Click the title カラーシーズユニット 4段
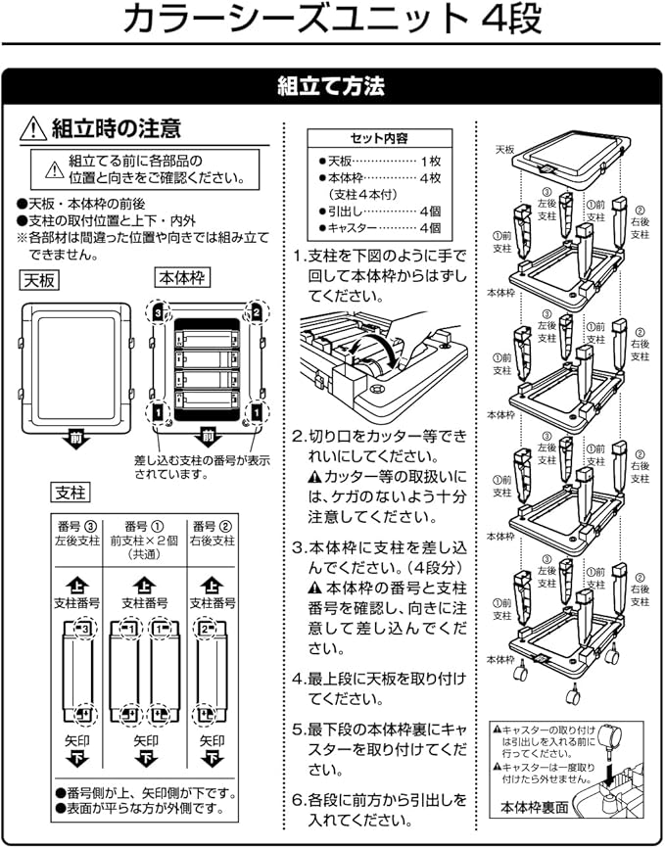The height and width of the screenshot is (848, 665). tap(332, 22)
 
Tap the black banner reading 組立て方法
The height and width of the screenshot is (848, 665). tap(332, 86)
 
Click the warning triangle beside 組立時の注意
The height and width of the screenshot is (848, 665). tap(32, 128)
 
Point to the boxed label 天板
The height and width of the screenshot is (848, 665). tap(39, 281)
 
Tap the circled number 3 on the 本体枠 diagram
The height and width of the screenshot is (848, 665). tap(157, 311)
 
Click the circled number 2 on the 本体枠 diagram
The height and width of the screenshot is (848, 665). tap(256, 311)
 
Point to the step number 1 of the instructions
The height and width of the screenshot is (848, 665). tap(298, 257)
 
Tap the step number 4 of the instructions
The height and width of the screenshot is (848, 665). tap(298, 678)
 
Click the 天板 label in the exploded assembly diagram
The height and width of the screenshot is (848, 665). tap(503, 150)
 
